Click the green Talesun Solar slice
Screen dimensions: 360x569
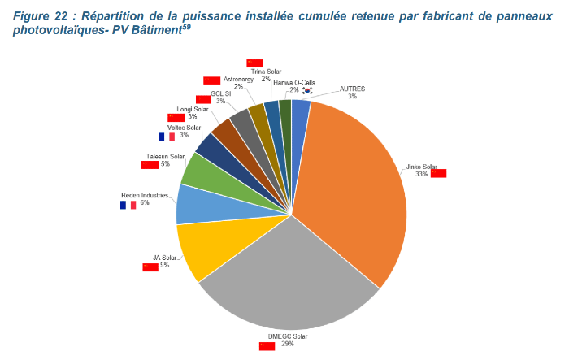coord(198,169)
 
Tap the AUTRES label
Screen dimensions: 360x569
coord(352,88)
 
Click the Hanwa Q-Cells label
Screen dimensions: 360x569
coord(293,83)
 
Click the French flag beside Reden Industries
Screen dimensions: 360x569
coord(128,205)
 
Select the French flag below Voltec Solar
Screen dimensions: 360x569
coord(167,137)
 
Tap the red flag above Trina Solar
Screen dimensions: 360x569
coord(254,63)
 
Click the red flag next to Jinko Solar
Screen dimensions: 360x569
coord(439,173)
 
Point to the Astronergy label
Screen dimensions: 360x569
coord(238,79)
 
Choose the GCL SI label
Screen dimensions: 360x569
coord(220,93)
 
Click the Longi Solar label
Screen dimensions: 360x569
coord(193,109)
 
